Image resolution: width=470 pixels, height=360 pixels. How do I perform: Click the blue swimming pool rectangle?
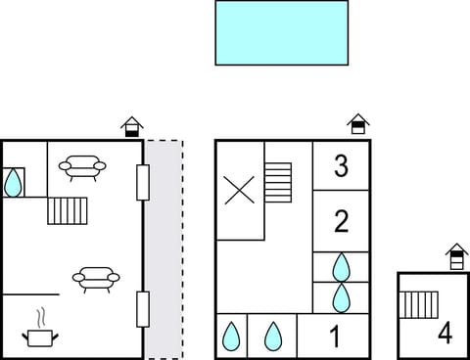[282, 32]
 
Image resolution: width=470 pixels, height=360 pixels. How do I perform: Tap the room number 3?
[341, 166]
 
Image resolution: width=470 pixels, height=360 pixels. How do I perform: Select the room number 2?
[341, 221]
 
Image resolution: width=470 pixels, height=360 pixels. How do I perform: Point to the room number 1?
[334, 337]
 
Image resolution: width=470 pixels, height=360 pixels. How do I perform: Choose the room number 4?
[446, 334]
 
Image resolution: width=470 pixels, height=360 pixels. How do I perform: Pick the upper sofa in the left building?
[82, 169]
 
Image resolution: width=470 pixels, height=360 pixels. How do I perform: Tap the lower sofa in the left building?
[96, 280]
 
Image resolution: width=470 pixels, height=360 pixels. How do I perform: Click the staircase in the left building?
[68, 210]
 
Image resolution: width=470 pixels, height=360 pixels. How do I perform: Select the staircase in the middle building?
[278, 182]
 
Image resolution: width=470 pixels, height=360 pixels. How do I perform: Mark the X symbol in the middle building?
[240, 190]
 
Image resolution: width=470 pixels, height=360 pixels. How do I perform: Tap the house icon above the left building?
[132, 126]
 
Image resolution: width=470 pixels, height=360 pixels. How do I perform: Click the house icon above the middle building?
[358, 123]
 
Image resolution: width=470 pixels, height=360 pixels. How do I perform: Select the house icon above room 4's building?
[456, 256]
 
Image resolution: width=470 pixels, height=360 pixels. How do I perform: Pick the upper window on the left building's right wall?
[143, 183]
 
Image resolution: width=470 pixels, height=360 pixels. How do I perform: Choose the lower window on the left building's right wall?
[143, 309]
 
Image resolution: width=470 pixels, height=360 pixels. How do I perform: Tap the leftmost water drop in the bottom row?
[231, 337]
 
